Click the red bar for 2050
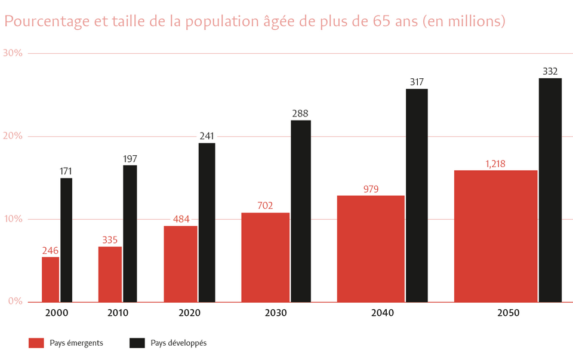[x=495, y=236]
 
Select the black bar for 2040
[x=417, y=195]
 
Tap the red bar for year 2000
[x=50, y=279]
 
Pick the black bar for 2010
[x=130, y=233]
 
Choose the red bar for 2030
[x=265, y=257]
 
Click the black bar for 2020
[x=207, y=222]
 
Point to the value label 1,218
[x=495, y=164]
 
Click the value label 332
[x=550, y=72]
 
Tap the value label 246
[x=50, y=250]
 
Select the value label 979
[x=371, y=189]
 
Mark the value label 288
[x=300, y=113]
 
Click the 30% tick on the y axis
[x=13, y=53]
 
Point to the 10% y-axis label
[x=13, y=219]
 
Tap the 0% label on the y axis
[x=16, y=301]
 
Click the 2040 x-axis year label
[x=382, y=313]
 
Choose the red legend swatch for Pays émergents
[x=36, y=343]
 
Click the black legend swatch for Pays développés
[x=137, y=343]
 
